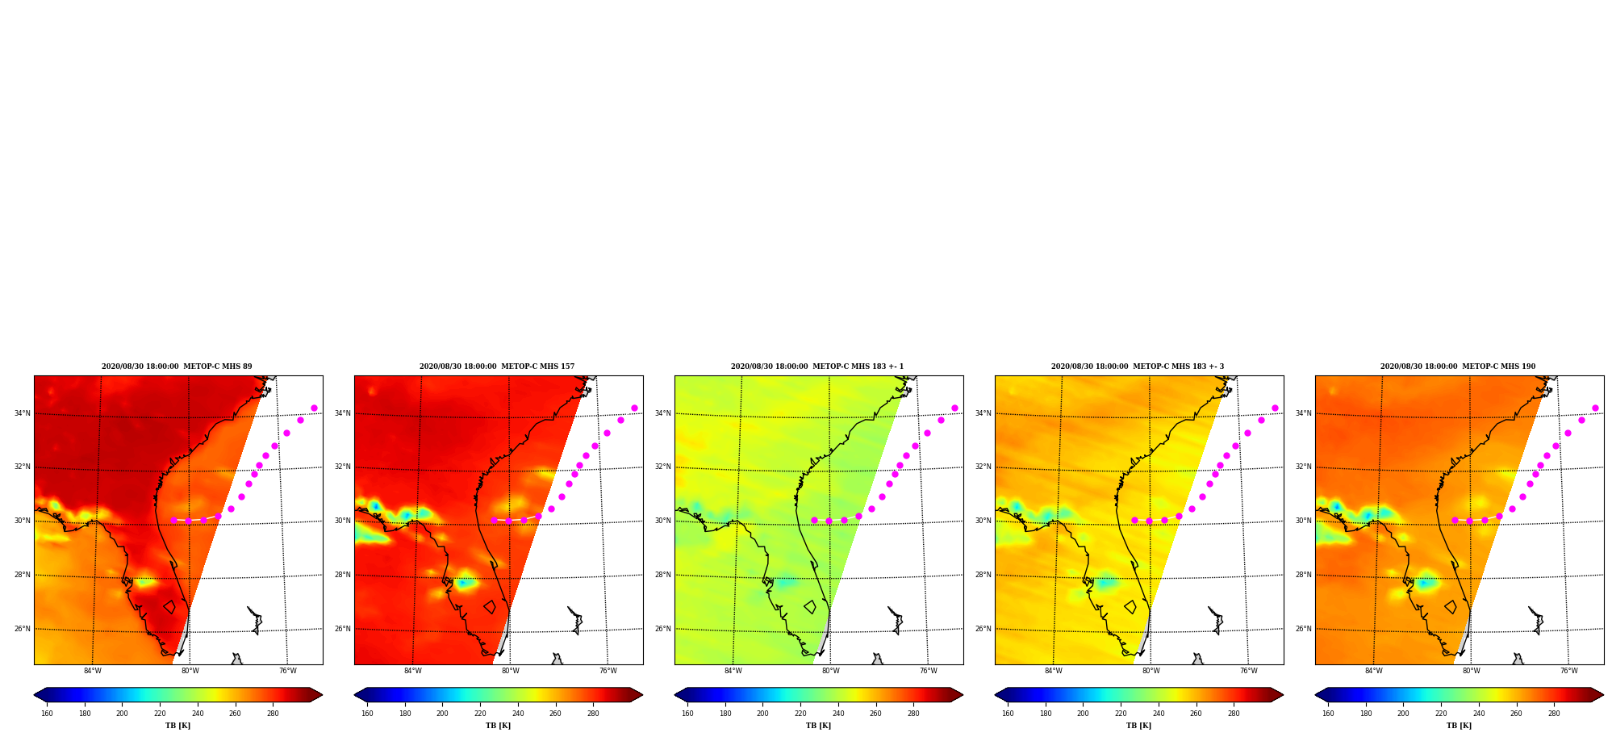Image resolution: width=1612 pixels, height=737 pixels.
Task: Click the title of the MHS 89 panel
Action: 177,366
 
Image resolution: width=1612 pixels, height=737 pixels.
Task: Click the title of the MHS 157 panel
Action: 497,366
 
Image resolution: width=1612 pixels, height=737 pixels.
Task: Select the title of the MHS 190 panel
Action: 1458,366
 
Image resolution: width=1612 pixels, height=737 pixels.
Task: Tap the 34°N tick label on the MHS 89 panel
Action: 22,413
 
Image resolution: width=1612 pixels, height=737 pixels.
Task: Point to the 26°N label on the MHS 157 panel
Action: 342,629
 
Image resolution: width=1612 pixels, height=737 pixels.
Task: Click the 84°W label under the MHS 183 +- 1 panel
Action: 733,671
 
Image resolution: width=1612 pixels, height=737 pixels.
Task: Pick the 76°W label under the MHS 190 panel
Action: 1568,671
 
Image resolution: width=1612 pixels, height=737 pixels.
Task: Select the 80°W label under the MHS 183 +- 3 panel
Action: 1151,671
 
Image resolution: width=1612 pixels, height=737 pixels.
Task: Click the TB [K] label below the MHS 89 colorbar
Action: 177,726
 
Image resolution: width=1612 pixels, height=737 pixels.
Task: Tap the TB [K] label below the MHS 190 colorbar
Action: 1459,726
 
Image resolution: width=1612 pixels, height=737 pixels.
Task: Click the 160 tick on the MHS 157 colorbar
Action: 367,714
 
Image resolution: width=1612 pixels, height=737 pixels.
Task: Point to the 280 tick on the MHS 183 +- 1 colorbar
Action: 913,714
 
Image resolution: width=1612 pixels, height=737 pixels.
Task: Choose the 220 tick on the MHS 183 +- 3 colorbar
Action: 1121,714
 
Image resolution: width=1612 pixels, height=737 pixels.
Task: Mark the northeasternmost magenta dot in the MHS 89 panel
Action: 314,408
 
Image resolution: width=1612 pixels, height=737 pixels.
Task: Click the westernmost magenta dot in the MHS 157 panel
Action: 494,520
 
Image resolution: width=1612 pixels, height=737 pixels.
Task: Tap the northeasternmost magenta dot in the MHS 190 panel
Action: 1595,408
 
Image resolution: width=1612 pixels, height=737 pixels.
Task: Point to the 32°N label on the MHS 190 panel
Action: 1303,467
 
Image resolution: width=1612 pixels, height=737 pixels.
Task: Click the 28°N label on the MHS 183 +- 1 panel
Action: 662,575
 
